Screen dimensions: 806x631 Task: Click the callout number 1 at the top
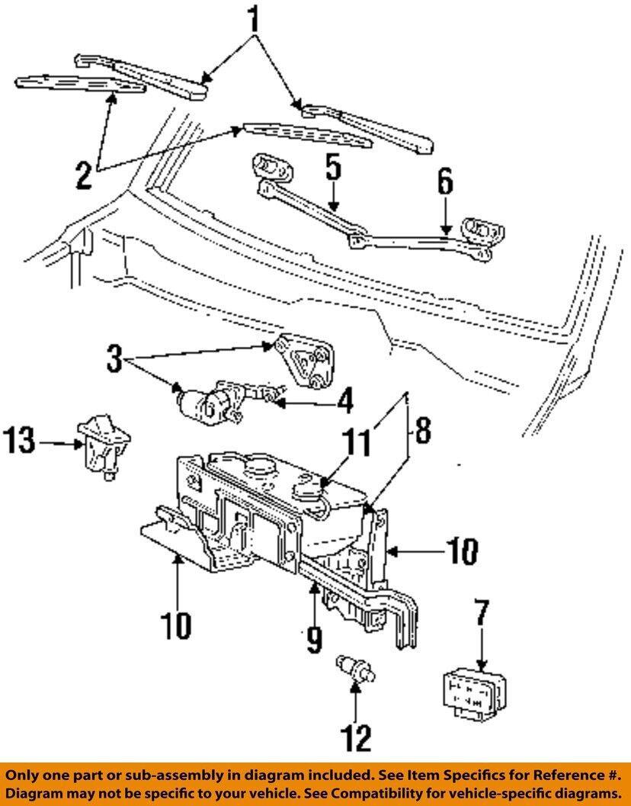[254, 22]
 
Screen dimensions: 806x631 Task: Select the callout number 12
[356, 737]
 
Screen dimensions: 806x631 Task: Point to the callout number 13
[21, 442]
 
